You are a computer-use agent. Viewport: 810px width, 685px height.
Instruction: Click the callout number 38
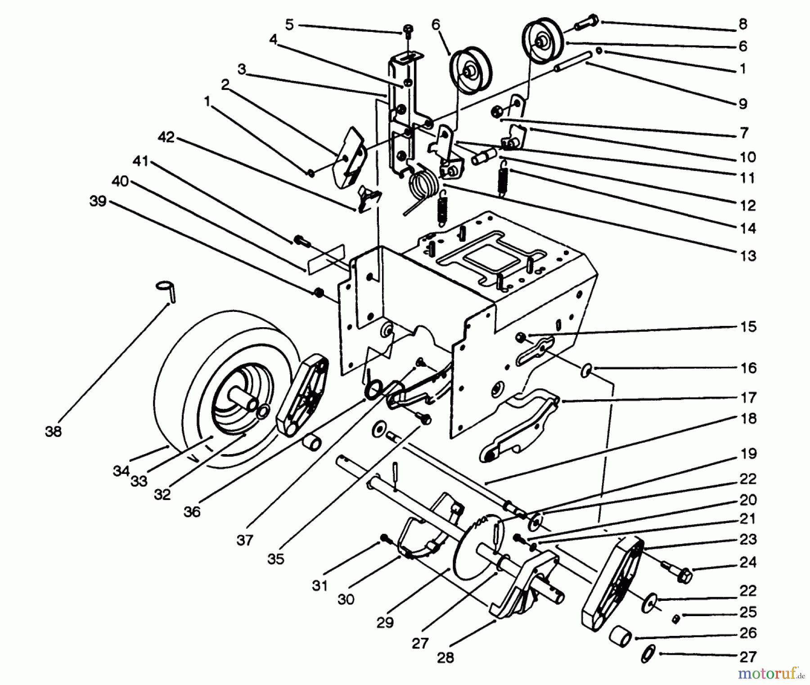(53, 432)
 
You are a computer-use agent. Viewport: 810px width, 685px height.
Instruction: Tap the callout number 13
(748, 256)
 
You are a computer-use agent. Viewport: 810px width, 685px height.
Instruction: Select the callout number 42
(166, 137)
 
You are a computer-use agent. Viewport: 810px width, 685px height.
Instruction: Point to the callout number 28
(445, 658)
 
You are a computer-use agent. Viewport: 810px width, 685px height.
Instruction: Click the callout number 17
(748, 398)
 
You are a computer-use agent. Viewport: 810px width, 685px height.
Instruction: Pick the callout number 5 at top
(289, 24)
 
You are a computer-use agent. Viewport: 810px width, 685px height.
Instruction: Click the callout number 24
(748, 562)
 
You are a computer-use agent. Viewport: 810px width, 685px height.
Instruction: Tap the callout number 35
(275, 559)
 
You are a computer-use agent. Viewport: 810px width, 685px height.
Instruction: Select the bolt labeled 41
(301, 241)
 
